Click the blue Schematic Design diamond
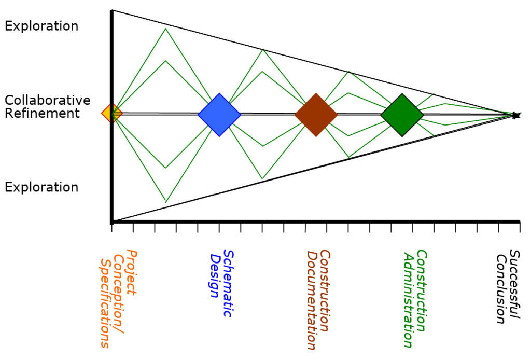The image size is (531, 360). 219,115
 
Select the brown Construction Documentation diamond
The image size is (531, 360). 316,115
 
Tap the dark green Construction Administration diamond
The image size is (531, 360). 402,115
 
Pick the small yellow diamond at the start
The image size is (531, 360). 111,113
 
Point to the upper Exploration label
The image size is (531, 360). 41,26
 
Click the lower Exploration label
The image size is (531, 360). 41,187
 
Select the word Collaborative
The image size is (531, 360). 47,100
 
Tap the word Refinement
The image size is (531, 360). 42,113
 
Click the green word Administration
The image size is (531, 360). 408,299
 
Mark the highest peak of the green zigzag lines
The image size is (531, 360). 165,28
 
